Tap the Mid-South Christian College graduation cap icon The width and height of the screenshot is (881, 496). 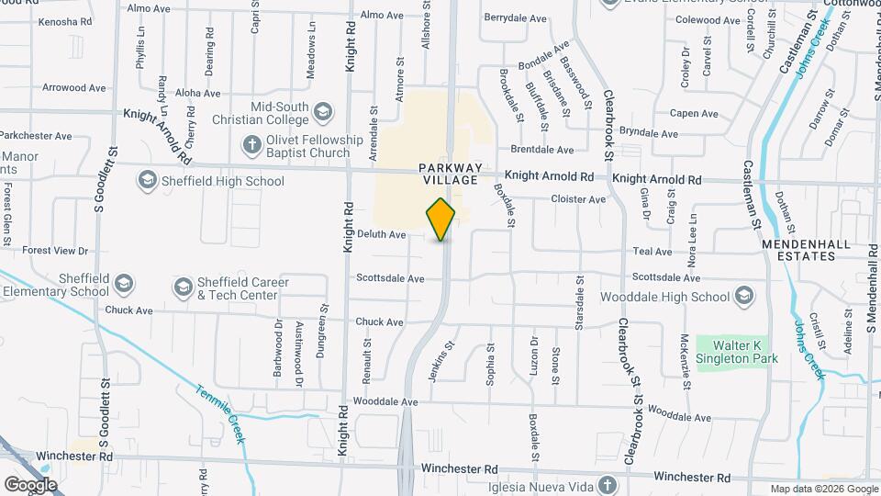pyautogui.click(x=322, y=112)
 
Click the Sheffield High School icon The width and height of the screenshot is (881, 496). pyautogui.click(x=147, y=181)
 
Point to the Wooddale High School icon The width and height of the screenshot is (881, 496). pyautogui.click(x=743, y=296)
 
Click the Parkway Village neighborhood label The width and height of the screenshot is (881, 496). pyautogui.click(x=449, y=174)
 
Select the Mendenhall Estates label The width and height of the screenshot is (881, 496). pyautogui.click(x=798, y=250)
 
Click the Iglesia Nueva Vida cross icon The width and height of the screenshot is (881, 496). pyautogui.click(x=606, y=484)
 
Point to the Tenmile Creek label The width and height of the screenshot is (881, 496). pyautogui.click(x=220, y=414)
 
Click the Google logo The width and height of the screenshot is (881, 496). pyautogui.click(x=29, y=484)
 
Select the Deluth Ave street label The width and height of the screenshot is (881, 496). pyautogui.click(x=382, y=235)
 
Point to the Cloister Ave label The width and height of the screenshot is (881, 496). pyautogui.click(x=578, y=199)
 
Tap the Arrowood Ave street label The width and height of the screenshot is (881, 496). pyautogui.click(x=74, y=88)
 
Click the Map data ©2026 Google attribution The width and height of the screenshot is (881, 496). pyautogui.click(x=822, y=489)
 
